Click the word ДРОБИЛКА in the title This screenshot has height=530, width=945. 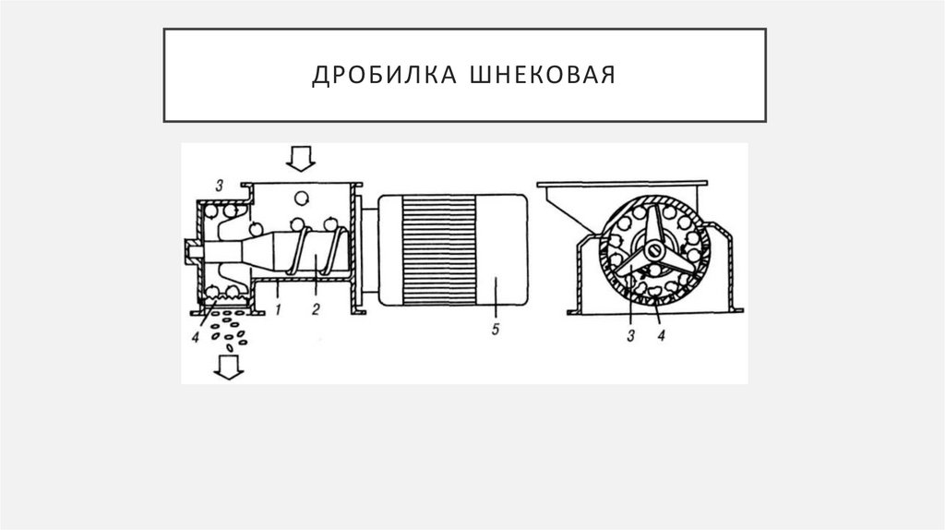370,75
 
